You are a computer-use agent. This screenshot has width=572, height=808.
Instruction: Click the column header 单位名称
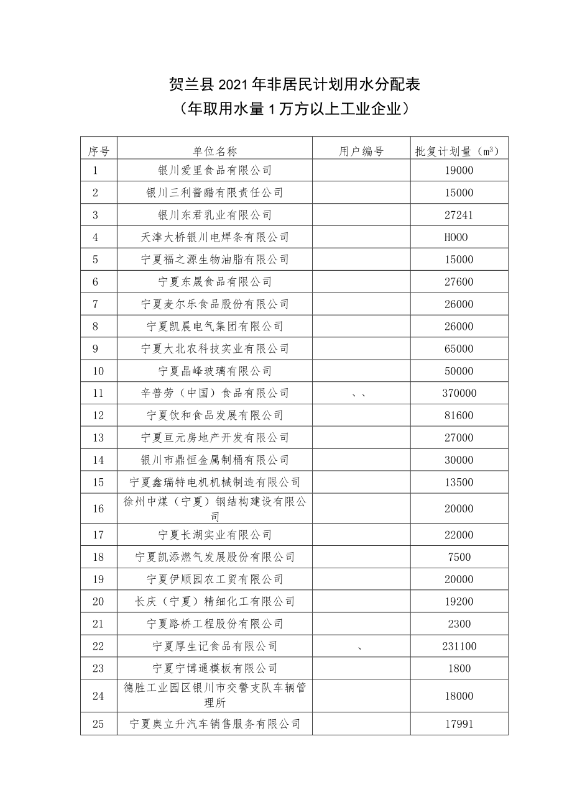[214, 151]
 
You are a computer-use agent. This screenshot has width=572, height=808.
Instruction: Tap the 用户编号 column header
[361, 151]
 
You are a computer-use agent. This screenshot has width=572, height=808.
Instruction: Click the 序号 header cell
[98, 151]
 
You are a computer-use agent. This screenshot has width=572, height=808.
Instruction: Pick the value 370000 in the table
[459, 393]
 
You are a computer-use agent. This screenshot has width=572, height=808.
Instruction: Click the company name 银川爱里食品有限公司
[214, 170]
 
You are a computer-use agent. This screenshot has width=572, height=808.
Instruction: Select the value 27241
[459, 215]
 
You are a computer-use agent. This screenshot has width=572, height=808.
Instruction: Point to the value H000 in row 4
[456, 237]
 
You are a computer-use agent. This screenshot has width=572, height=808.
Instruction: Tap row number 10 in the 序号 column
[98, 371]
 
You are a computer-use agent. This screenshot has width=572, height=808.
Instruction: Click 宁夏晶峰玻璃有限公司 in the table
[214, 371]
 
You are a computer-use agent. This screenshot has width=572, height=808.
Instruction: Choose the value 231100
[459, 647]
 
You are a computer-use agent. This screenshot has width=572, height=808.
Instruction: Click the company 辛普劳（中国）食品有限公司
[214, 393]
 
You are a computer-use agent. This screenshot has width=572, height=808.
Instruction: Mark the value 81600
[459, 415]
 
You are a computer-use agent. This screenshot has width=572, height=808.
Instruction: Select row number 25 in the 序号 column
[98, 724]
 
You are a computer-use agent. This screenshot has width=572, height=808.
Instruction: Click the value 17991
[459, 724]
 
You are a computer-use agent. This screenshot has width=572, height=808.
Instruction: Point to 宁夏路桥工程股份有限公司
[214, 624]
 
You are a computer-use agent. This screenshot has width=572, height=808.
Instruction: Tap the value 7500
[459, 557]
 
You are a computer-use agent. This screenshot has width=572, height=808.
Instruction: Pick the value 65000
[459, 348]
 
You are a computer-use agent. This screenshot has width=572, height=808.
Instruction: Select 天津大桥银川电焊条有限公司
[214, 237]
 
